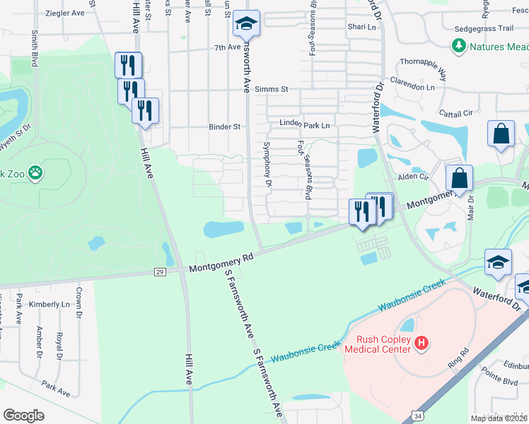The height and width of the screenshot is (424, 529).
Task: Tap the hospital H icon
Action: coord(422,343)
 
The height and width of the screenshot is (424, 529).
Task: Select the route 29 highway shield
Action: coord(161,271)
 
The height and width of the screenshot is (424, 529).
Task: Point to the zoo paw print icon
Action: coord(35,173)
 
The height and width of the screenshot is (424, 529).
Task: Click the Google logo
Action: coord(24,415)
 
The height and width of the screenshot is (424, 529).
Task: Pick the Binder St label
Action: coord(224,127)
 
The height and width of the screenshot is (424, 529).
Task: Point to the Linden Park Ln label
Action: coord(306,125)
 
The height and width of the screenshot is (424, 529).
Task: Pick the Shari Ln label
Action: coord(361,27)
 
